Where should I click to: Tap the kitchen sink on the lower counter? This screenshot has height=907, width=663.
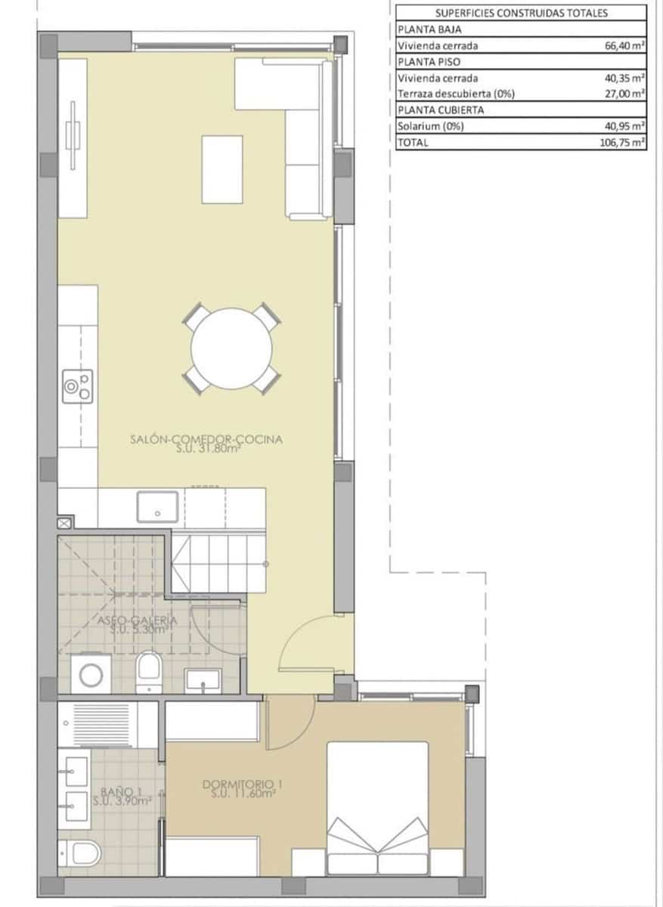pyautogui.click(x=157, y=506)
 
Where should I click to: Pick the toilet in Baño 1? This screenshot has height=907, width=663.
pyautogui.click(x=82, y=854)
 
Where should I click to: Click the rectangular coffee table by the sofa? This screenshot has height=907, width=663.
pyautogui.click(x=222, y=169)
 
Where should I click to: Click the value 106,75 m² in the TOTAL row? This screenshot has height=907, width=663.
pyautogui.click(x=621, y=142)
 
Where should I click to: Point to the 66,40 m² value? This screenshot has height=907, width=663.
pyautogui.click(x=623, y=46)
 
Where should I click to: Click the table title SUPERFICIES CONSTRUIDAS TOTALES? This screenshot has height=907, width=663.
pyautogui.click(x=522, y=13)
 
